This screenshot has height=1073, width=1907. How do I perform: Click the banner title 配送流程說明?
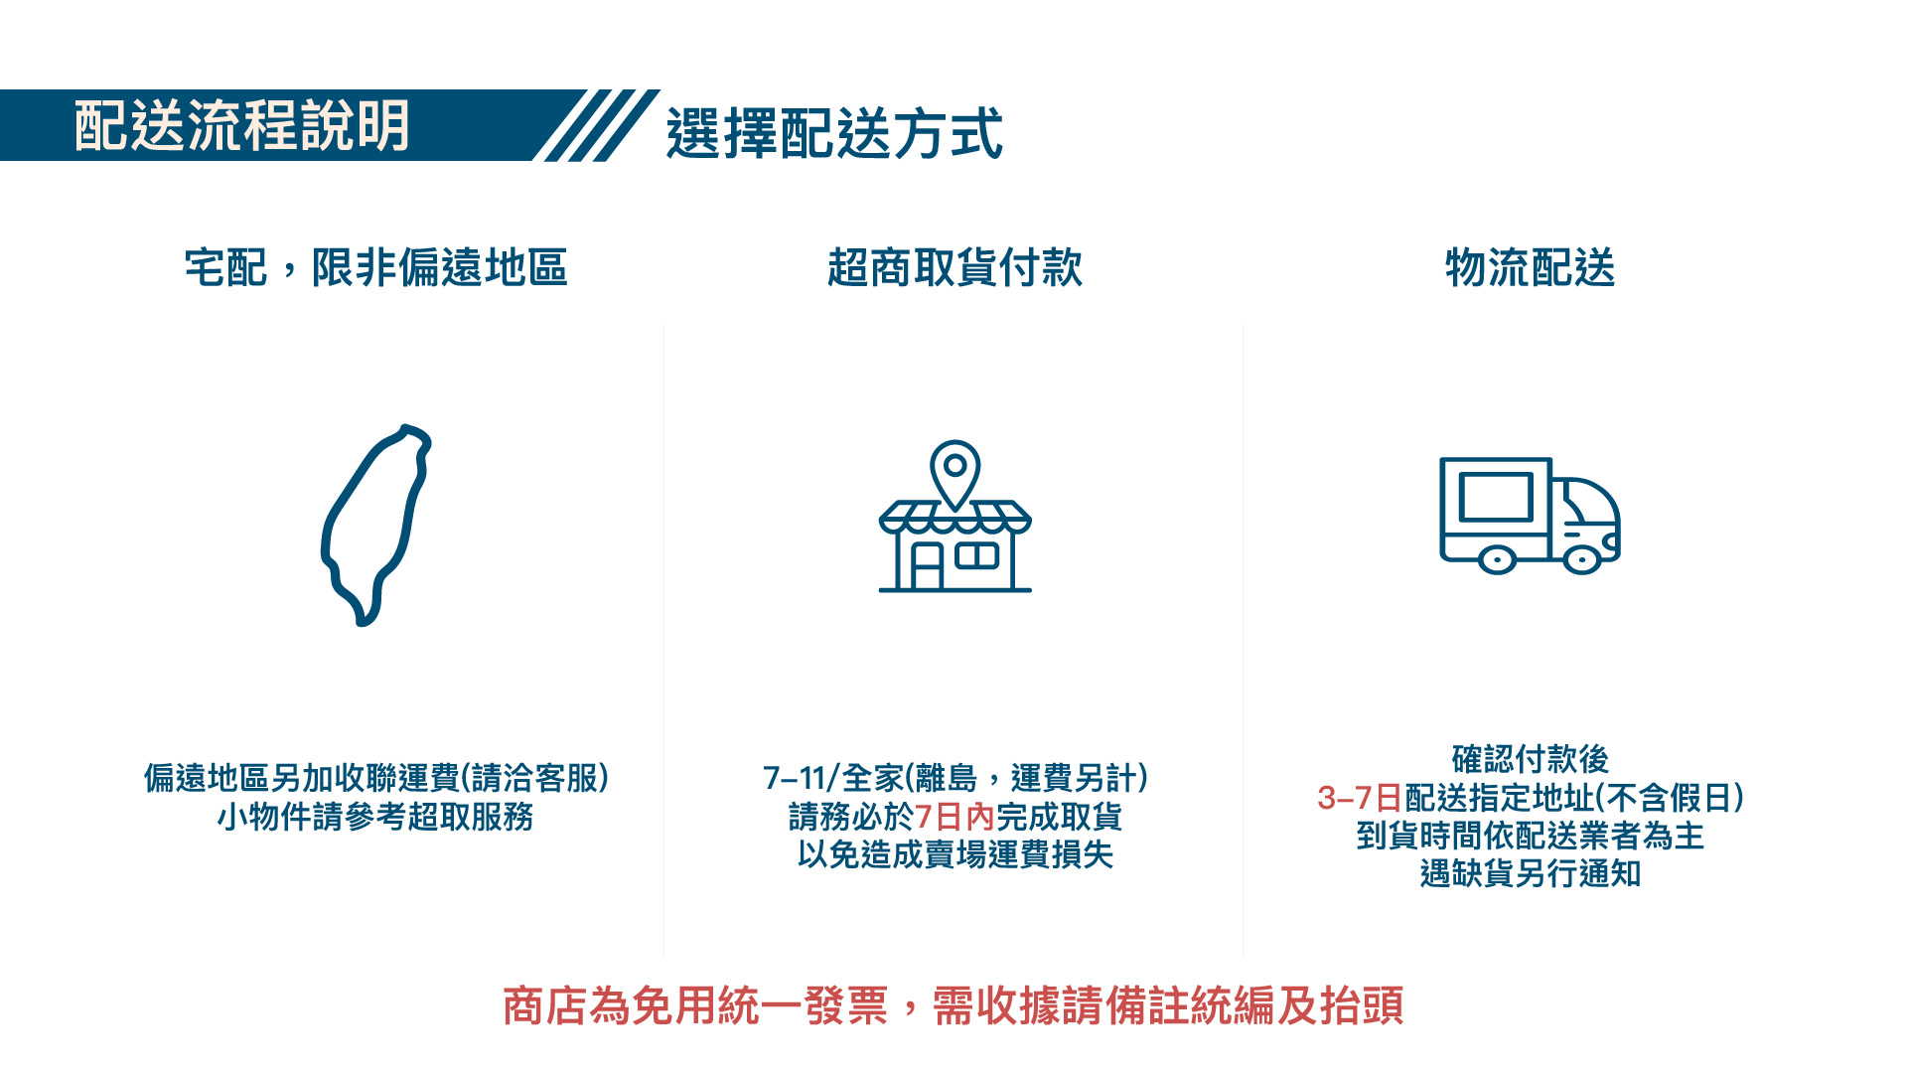click(x=241, y=126)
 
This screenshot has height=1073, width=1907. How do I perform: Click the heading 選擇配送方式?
click(x=834, y=133)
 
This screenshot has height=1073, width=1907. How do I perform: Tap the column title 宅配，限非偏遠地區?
click(x=375, y=267)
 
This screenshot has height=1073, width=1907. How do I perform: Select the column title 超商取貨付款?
click(x=954, y=267)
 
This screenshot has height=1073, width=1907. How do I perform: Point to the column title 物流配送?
click(x=1530, y=267)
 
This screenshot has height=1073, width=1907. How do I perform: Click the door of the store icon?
click(x=927, y=566)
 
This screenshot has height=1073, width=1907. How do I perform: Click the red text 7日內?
click(x=954, y=817)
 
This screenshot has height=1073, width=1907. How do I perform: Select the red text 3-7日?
click(x=1359, y=798)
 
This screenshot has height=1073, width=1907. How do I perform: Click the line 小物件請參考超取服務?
click(x=375, y=817)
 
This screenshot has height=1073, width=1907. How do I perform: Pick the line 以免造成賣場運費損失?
click(x=954, y=854)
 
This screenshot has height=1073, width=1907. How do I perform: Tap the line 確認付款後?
click(x=1530, y=759)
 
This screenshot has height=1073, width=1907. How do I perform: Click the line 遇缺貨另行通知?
click(x=1530, y=873)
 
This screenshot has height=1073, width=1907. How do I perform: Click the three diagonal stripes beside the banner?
click(x=596, y=125)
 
